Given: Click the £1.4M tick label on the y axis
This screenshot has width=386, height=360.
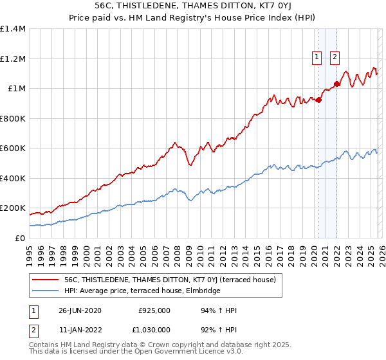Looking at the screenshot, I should click(x=13, y=29).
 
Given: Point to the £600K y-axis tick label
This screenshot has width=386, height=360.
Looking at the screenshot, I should click(x=13, y=148).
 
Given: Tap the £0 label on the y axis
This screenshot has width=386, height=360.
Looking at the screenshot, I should click(x=19, y=238).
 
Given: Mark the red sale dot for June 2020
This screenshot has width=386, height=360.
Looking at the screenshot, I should click(x=318, y=99).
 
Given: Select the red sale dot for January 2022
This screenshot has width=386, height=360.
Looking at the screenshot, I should click(x=336, y=84).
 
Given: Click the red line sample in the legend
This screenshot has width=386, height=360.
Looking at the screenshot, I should click(x=45, y=280).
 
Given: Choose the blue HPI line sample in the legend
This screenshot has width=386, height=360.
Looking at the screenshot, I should click(x=45, y=291).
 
